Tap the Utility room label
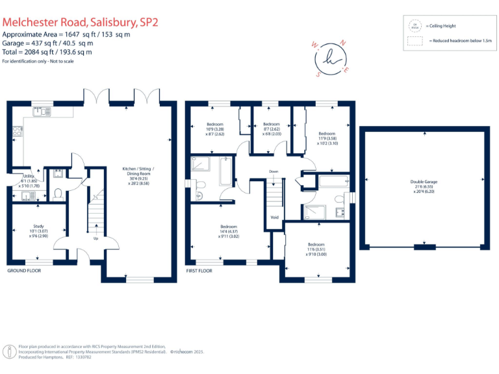click(x=29, y=176)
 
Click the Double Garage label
click(x=424, y=181)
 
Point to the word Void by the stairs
click(x=274, y=217)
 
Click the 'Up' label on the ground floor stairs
click(x=96, y=238)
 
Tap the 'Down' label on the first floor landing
click(x=274, y=171)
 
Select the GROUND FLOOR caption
click(x=24, y=270)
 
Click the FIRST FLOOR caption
click(x=200, y=270)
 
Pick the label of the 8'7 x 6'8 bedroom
click(x=271, y=124)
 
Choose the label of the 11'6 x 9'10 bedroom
click(x=316, y=245)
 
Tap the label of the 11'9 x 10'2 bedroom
click(x=327, y=134)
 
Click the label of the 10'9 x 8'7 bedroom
click(x=215, y=124)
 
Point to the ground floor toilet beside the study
click(x=58, y=193)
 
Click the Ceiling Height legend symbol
click(x=414, y=26)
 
